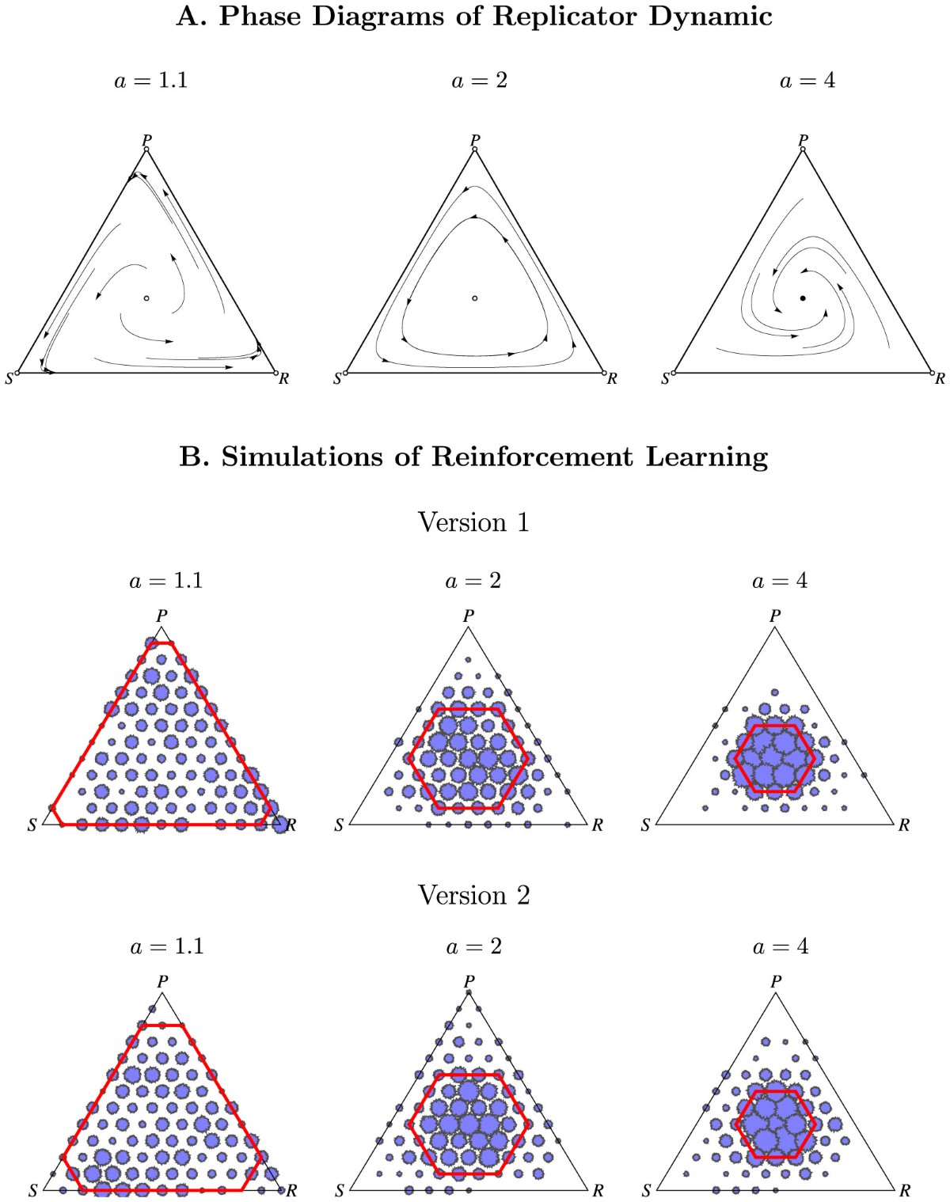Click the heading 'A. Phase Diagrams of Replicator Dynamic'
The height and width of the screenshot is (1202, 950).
(x=474, y=16)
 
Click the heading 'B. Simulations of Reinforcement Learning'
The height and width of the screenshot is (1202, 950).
(x=474, y=457)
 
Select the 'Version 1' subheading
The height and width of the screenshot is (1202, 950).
(x=473, y=522)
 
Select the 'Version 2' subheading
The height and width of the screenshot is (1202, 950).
(x=473, y=895)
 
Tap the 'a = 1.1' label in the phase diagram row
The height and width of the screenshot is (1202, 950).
(x=151, y=81)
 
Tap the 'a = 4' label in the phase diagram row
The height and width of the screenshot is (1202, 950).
(x=807, y=81)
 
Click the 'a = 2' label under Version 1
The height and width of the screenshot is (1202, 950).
(x=473, y=581)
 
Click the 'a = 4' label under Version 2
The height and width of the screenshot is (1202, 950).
(x=781, y=946)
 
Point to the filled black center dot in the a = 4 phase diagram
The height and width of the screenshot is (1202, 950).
(x=803, y=298)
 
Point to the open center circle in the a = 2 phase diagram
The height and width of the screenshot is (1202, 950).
(x=475, y=298)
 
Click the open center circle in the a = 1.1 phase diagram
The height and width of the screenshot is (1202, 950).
(x=146, y=298)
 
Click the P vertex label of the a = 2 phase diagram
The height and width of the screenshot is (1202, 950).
(x=475, y=140)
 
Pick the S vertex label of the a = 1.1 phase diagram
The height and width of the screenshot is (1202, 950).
(x=9, y=379)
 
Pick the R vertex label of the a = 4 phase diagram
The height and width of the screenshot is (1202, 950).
(x=940, y=379)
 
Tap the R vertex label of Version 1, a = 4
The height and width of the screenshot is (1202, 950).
(x=904, y=825)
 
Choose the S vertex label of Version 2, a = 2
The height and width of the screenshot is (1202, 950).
(x=340, y=1191)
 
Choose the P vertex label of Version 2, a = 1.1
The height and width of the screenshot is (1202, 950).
(x=162, y=981)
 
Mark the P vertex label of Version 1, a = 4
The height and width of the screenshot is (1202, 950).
(x=775, y=616)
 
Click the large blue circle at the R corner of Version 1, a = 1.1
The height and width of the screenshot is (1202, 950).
(x=279, y=825)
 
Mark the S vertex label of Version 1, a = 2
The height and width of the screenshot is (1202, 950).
(x=339, y=825)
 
